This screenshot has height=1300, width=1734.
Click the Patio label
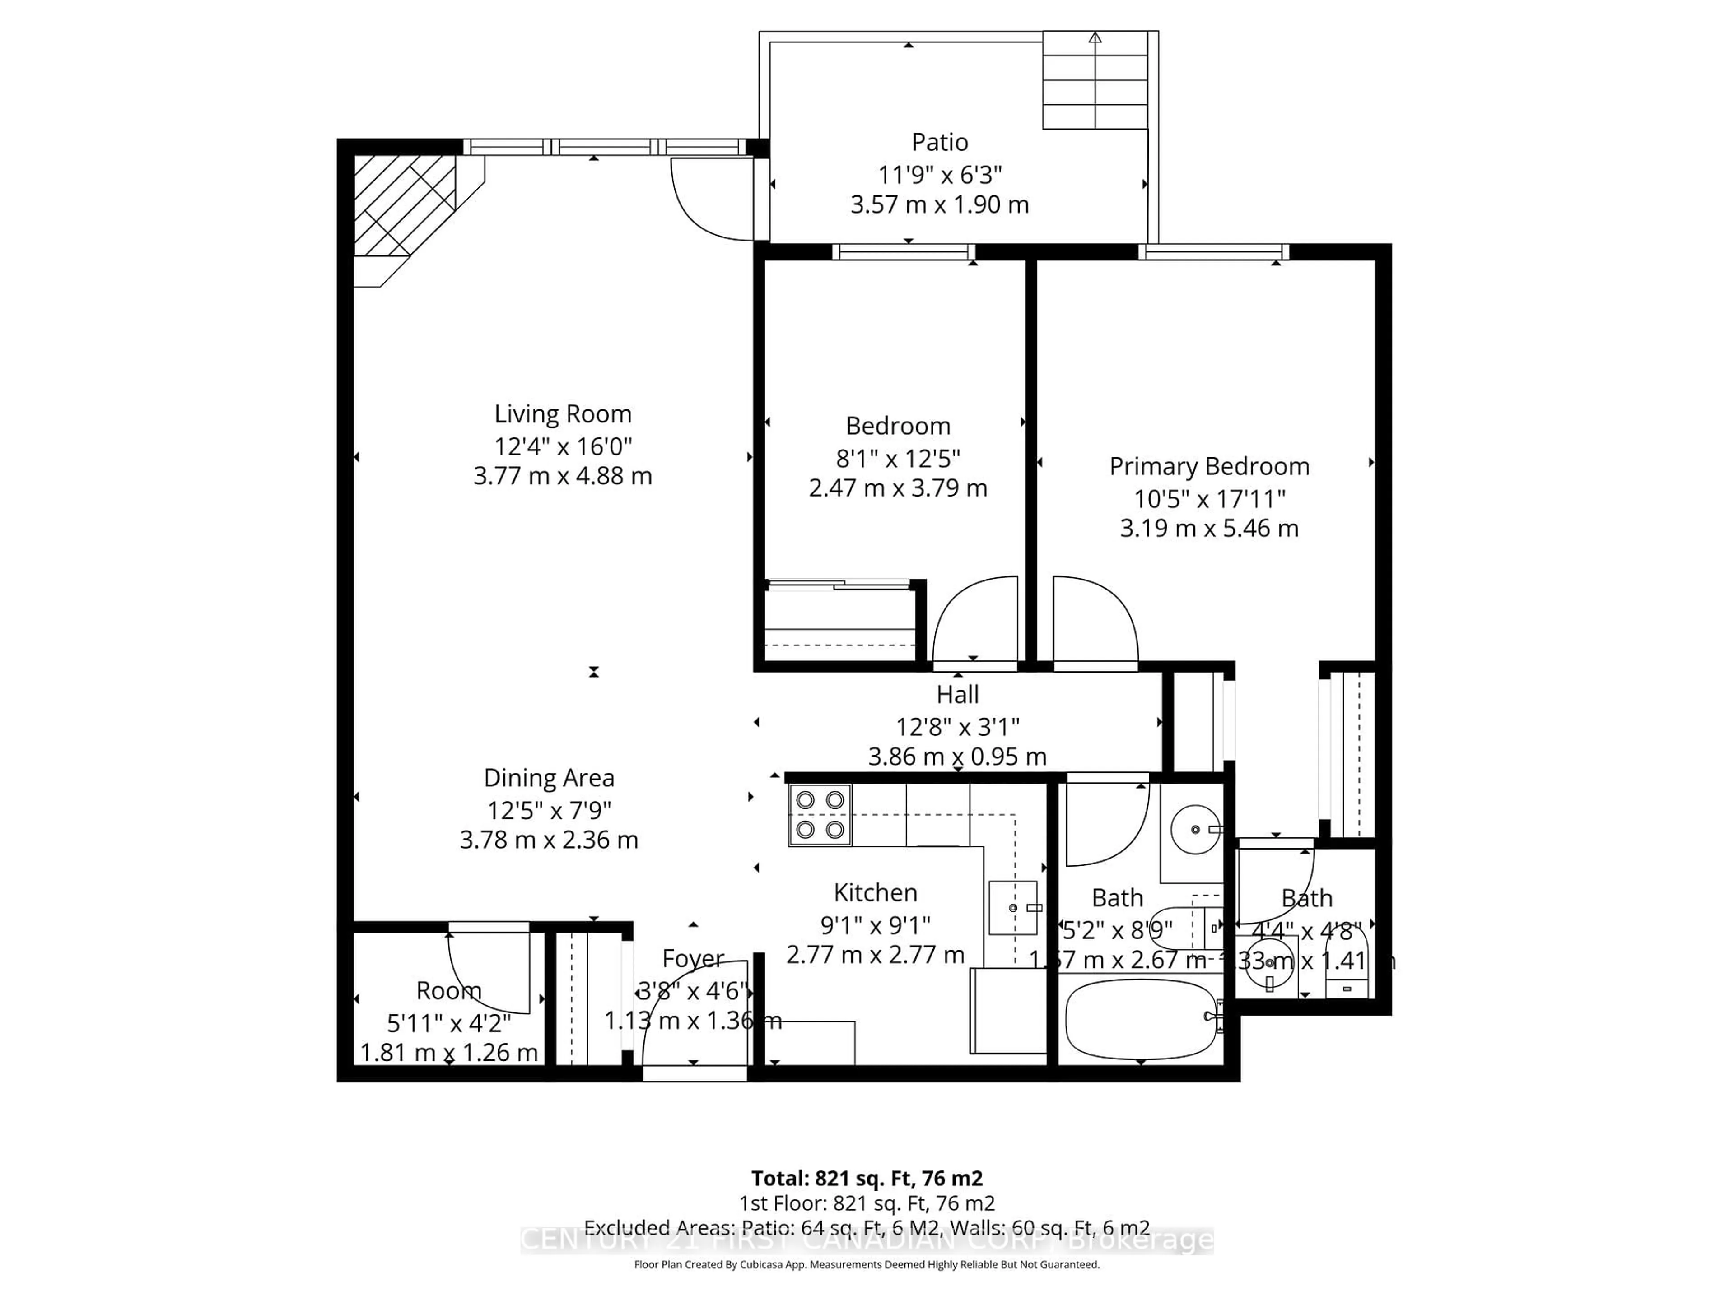[x=939, y=143]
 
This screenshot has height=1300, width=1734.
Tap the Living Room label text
[x=562, y=414]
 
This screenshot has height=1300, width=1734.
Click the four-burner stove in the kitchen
[x=819, y=815]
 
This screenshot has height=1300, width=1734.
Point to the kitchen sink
[x=1013, y=907]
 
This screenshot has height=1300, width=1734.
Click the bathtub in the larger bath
[x=1141, y=1019]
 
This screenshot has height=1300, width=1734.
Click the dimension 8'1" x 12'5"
[x=898, y=458]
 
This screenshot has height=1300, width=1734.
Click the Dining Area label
[x=549, y=778]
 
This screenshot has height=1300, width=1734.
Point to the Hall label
[x=957, y=695]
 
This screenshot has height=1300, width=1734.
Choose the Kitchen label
[x=875, y=892]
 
